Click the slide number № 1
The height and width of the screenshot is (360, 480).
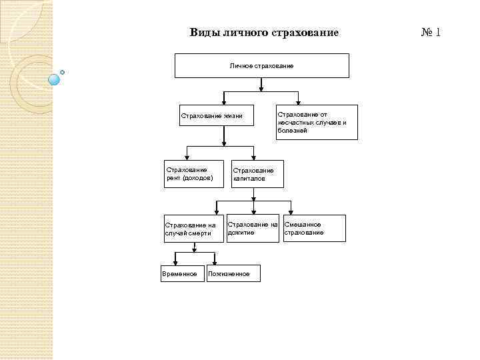(x=431, y=32)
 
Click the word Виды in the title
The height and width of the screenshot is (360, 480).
(x=201, y=33)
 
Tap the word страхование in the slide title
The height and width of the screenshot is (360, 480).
(x=309, y=33)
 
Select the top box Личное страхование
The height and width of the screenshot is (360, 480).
(x=262, y=66)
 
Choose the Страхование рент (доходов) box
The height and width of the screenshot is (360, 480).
(x=194, y=174)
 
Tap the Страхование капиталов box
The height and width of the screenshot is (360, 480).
(x=257, y=174)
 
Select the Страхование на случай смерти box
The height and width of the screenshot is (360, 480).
(x=194, y=229)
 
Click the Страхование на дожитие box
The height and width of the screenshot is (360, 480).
(x=253, y=228)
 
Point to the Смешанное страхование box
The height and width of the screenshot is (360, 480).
(x=315, y=228)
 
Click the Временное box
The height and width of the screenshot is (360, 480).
(x=180, y=273)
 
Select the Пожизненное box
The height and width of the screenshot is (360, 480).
(x=233, y=273)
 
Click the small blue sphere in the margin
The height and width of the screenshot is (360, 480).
(x=55, y=79)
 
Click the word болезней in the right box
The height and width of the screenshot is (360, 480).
(x=293, y=131)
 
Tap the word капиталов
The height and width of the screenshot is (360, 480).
(x=249, y=179)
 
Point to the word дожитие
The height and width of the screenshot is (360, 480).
(x=241, y=233)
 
